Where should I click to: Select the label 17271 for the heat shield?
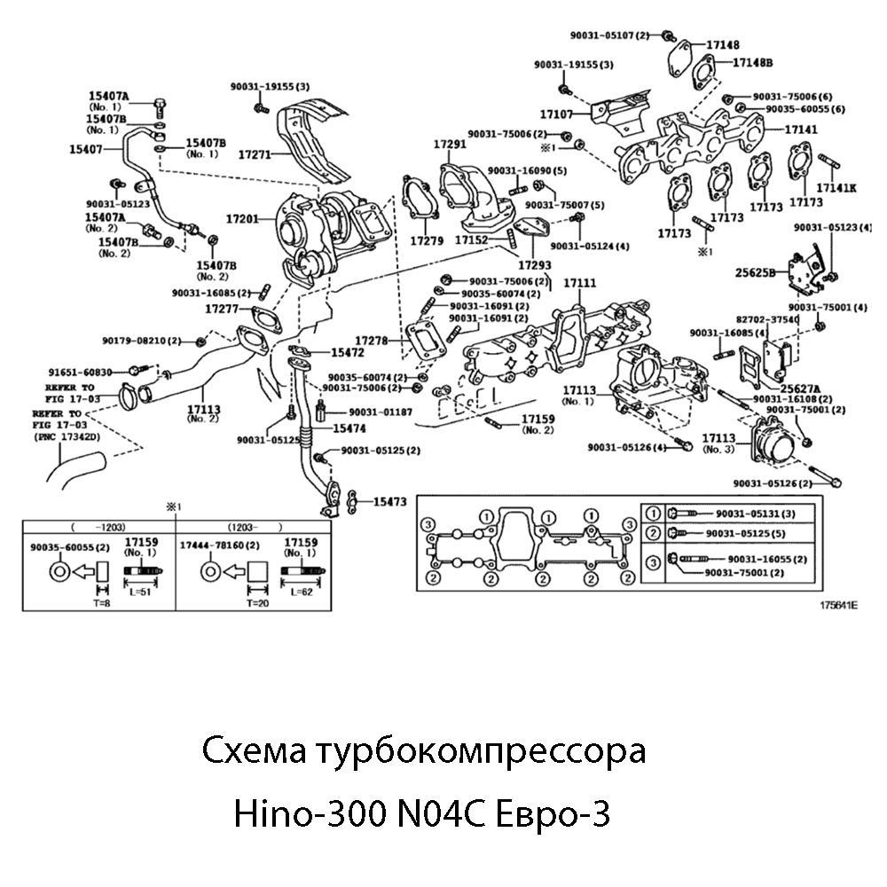255,153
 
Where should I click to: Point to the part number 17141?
801,130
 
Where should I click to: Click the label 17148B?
752,62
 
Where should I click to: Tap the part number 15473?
389,502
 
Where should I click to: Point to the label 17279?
427,240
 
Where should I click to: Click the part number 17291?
450,144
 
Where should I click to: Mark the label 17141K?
836,188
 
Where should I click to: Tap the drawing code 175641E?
839,605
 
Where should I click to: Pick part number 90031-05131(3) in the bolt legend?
755,514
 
